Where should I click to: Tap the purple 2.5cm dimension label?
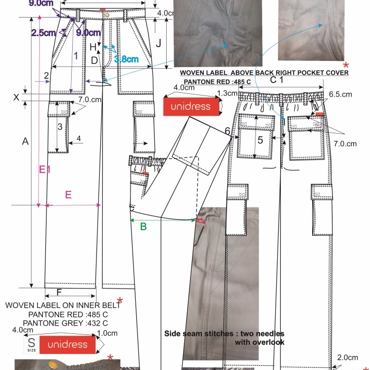[x=43, y=33]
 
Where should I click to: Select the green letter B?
[x=143, y=226]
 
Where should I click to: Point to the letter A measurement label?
[x=25, y=141]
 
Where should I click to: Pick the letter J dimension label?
[x=159, y=43]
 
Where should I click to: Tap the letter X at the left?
[x=16, y=97]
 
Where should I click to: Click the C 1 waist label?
[x=277, y=80]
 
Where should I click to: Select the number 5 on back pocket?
[x=260, y=139]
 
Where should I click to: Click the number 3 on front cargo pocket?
[x=60, y=126]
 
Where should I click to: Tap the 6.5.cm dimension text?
[x=340, y=94]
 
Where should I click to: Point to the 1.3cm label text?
[x=228, y=93]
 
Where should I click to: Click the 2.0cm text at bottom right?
[x=347, y=358]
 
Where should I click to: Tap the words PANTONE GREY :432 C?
[x=67, y=323]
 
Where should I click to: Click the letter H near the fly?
[x=93, y=47]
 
